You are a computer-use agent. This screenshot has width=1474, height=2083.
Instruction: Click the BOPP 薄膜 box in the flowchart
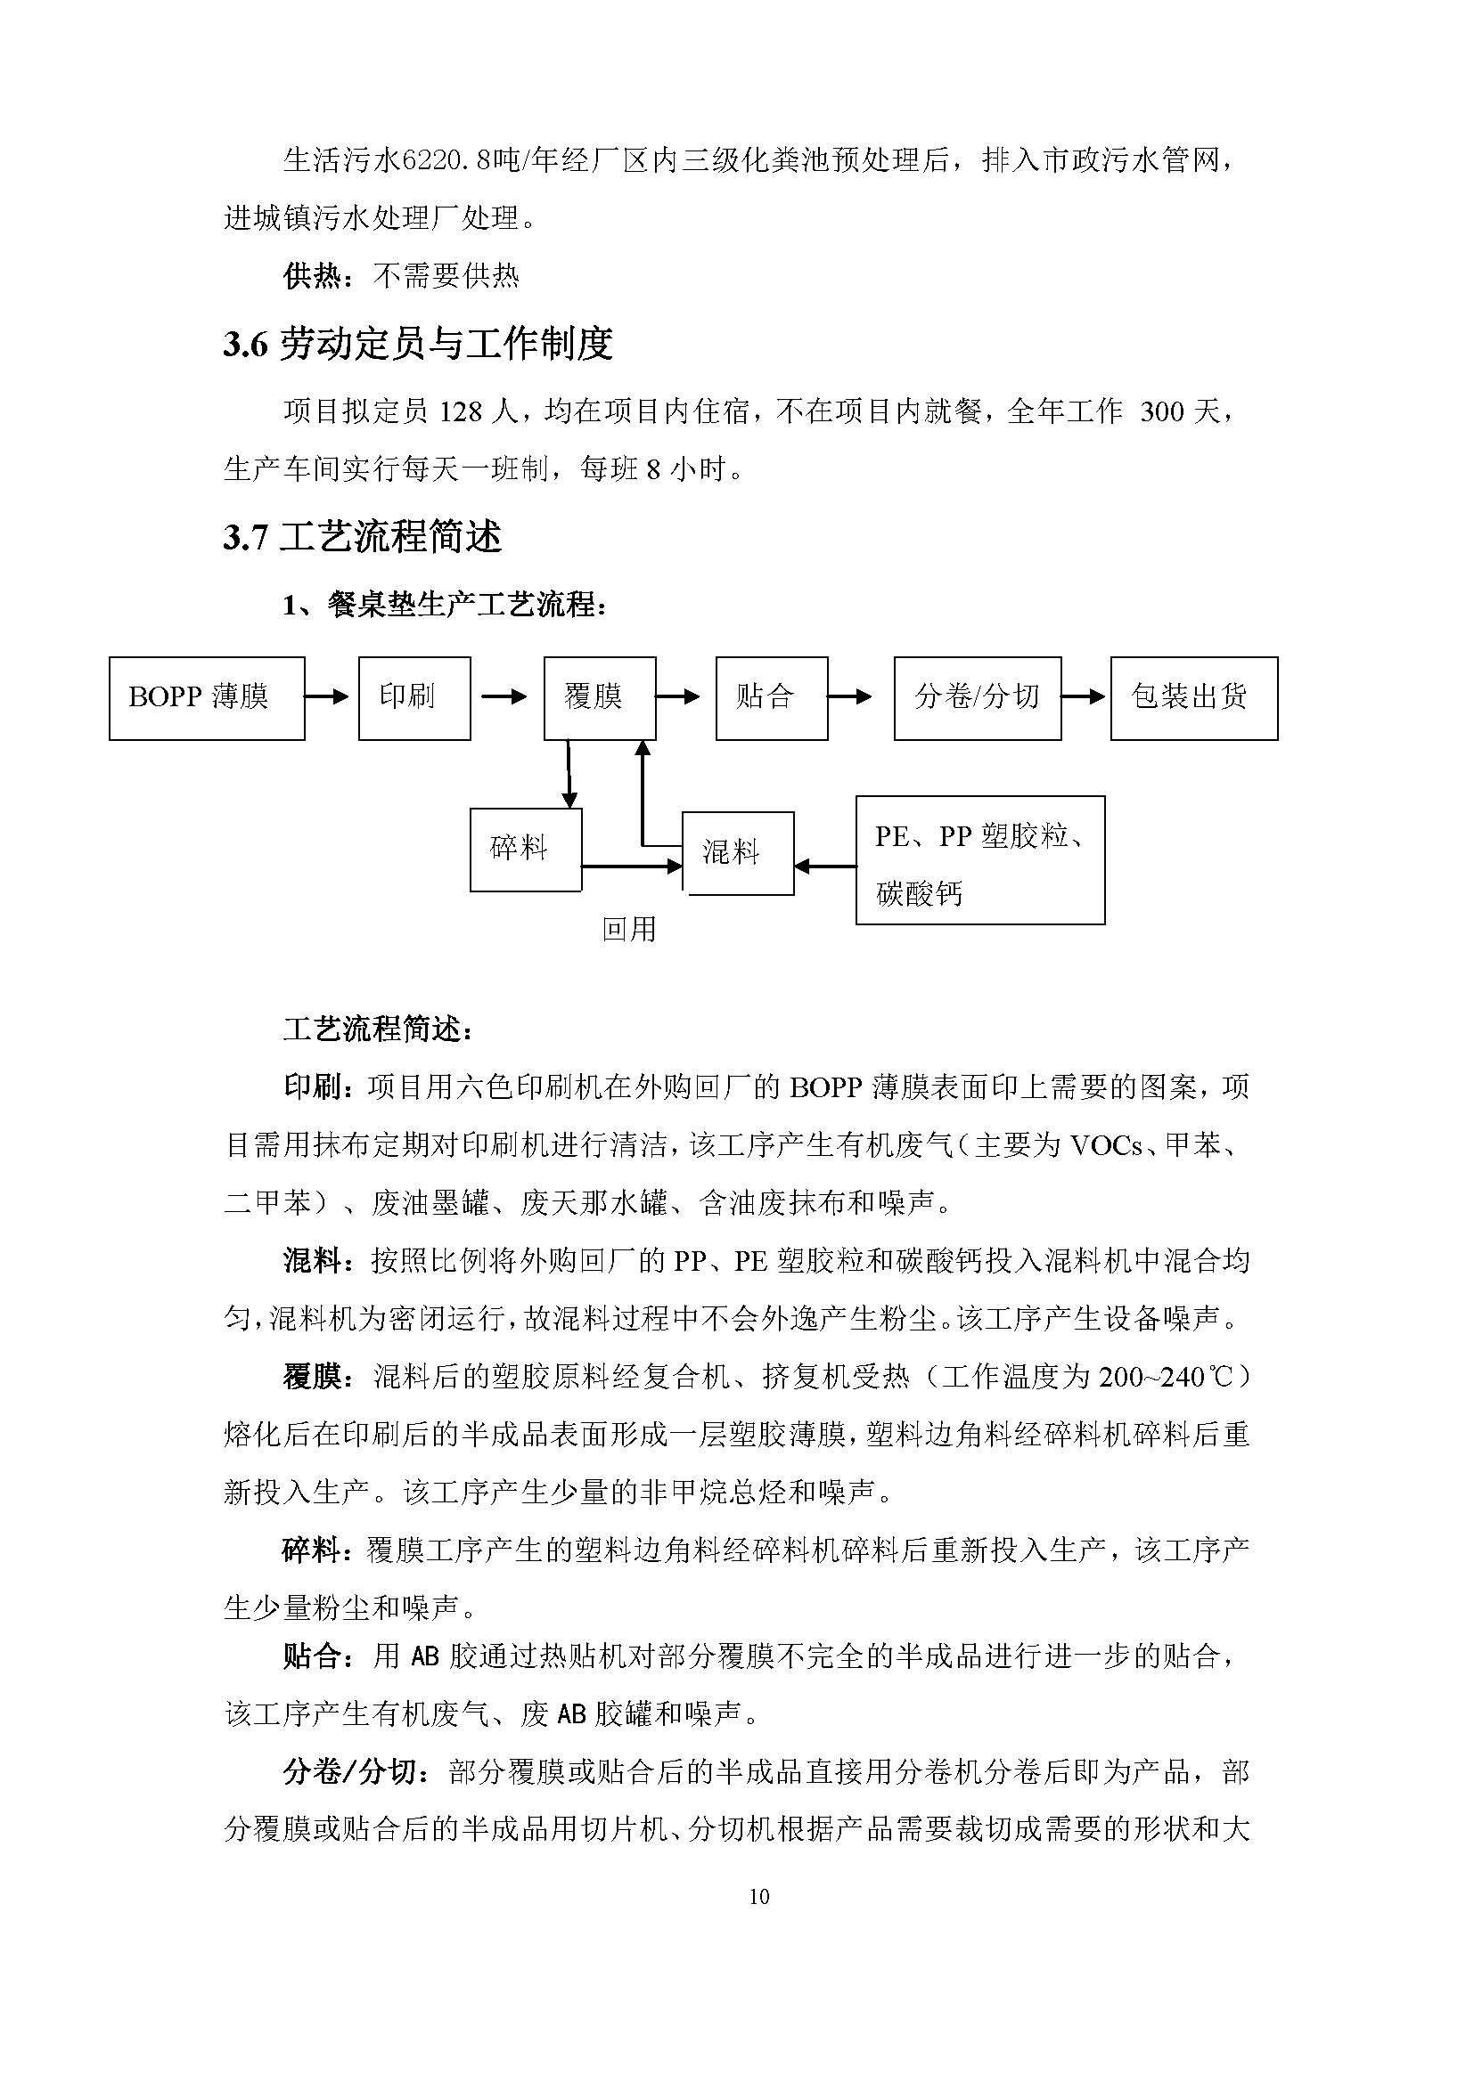pos(206,698)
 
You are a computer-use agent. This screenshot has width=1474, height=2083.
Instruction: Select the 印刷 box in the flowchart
pos(414,698)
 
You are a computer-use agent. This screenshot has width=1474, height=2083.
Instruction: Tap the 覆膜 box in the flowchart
pos(599,698)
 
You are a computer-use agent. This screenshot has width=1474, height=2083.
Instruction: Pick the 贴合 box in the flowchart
pos(771,698)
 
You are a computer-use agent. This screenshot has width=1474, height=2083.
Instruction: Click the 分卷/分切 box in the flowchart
pos(977,698)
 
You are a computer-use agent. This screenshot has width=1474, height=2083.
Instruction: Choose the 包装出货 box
pos(1193,698)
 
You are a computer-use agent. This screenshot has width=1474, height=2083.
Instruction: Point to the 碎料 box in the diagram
pos(526,850)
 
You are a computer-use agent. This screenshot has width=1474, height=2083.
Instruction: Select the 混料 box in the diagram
pos(737,853)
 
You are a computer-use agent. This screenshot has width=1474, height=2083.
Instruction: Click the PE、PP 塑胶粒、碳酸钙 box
pos(979,860)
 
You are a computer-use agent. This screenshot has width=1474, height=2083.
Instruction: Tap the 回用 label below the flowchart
pos(629,929)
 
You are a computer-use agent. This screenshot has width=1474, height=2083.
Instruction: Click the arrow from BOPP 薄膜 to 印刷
pos(327,696)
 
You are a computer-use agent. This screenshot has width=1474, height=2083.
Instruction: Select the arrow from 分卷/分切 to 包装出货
pos(1084,696)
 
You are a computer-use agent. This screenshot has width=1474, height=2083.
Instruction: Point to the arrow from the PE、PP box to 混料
pos(824,867)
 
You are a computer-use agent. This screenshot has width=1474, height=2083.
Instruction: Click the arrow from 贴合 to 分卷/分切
pos(849,696)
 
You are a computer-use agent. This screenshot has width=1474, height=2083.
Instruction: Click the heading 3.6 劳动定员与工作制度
pos(417,344)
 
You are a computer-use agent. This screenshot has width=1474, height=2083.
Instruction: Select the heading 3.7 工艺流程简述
pos(362,537)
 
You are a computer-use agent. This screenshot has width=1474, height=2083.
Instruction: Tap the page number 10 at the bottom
pos(759,1897)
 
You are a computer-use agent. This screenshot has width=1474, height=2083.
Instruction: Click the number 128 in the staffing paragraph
pos(460,413)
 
